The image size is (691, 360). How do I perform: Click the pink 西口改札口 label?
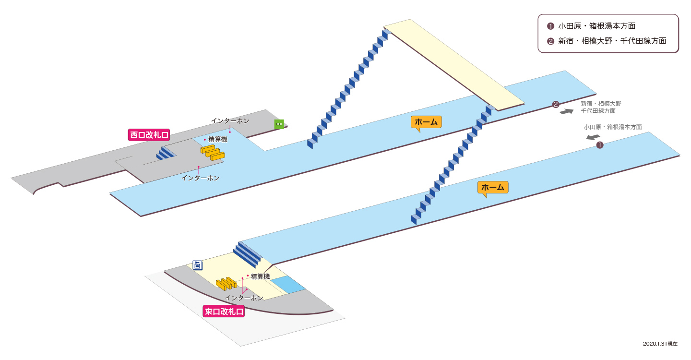click(149, 135)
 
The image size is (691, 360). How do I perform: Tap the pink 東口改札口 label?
click(224, 311)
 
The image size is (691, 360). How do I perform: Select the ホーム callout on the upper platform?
click(426, 122)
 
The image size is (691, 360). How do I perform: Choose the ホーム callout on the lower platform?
click(493, 187)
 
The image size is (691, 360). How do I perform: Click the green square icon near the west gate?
click(279, 124)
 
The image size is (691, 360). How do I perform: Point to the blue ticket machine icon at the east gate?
click(197, 265)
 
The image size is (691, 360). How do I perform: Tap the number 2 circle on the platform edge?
click(556, 104)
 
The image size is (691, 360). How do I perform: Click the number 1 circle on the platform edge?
click(600, 145)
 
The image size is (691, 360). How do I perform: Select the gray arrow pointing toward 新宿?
click(566, 111)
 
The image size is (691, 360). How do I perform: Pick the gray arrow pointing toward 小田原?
click(593, 137)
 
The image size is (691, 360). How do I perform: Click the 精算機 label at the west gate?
click(218, 139)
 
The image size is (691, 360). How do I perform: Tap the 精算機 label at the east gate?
click(261, 276)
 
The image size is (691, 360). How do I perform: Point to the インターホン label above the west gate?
click(230, 121)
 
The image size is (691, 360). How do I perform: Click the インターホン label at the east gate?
click(244, 298)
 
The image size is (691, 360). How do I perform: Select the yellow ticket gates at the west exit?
click(213, 153)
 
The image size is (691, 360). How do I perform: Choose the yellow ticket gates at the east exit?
click(226, 284)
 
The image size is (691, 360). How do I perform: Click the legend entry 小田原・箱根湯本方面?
click(596, 26)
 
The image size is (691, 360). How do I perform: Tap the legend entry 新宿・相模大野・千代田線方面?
click(612, 41)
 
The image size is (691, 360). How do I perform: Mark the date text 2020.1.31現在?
click(660, 344)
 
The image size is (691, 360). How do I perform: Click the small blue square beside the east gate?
click(288, 285)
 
